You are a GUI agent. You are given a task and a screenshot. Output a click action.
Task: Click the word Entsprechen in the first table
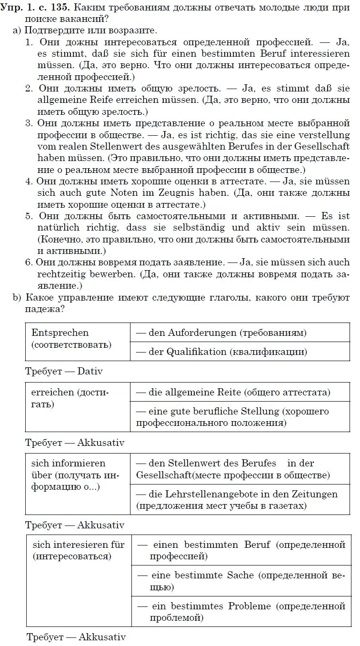(x=60, y=333)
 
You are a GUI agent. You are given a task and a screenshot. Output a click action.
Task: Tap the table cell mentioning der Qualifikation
(x=221, y=352)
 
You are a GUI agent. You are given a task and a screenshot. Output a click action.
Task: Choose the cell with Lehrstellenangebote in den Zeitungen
(x=237, y=499)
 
